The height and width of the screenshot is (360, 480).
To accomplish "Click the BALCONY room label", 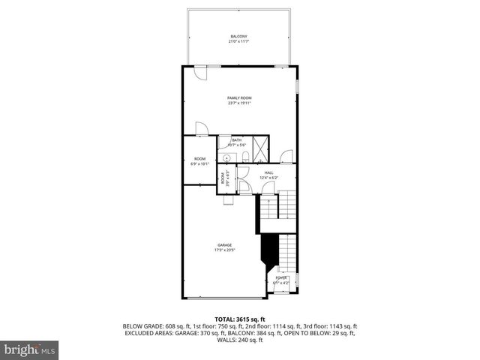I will [x=238, y=37].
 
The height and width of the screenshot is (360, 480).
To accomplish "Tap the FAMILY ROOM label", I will [x=239, y=98].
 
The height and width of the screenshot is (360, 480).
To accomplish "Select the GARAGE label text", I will [x=224, y=245].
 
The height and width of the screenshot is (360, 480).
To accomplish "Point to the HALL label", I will [x=268, y=172].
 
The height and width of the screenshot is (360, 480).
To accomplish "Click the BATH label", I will [x=236, y=140].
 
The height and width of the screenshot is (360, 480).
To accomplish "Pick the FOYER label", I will [x=281, y=277].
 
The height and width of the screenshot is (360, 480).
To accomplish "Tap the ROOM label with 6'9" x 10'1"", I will [x=199, y=158].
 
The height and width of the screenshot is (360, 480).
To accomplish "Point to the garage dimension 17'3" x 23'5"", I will [x=224, y=250].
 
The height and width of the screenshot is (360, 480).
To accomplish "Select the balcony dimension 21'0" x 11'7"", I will [x=238, y=42].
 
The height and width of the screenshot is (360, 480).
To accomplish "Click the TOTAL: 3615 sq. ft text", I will [x=239, y=319].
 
